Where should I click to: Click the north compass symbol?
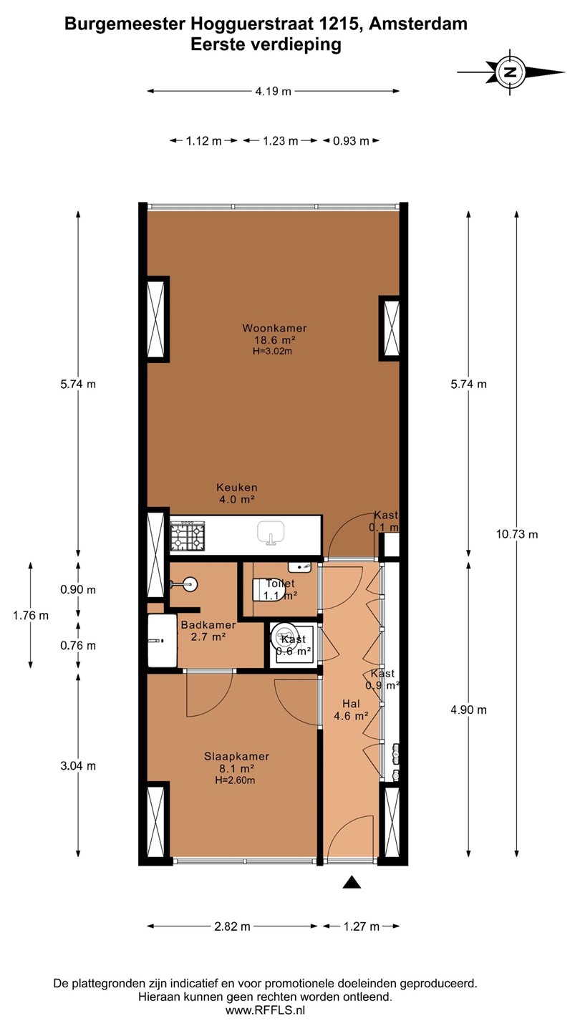pos(511,72)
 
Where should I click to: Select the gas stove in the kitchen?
pos(188,536)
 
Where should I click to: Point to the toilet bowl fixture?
pos(269,590)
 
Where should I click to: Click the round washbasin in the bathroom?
pos(189,584)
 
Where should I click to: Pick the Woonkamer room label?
pos(274,328)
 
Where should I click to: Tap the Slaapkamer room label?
pos(236,756)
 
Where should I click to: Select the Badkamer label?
pos(208,625)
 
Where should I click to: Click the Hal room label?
pos(351,704)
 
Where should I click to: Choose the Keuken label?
pos(236,487)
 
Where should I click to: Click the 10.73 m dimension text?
pos(517,534)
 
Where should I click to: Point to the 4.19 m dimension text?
pos(274,91)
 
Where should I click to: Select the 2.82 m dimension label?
pos(232,926)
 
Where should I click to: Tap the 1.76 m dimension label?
pos(30,616)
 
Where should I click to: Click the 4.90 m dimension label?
pos(468,710)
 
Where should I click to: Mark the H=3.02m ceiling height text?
pos(273,351)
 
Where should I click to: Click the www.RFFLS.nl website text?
pos(265,1010)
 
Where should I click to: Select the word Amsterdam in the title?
pos(418,24)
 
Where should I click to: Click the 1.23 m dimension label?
pos(281,141)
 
